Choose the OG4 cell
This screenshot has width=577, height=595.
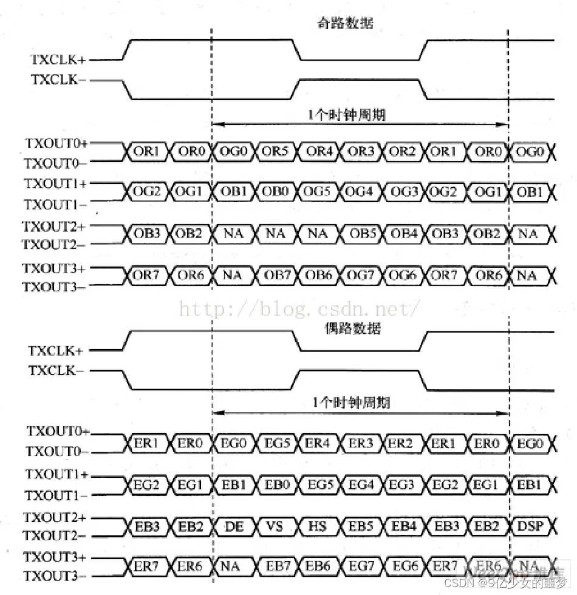361,192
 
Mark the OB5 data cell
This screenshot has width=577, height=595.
361,234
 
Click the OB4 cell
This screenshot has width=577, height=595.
403,234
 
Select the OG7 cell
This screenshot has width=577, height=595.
361,275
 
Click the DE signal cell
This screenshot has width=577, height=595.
233,526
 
